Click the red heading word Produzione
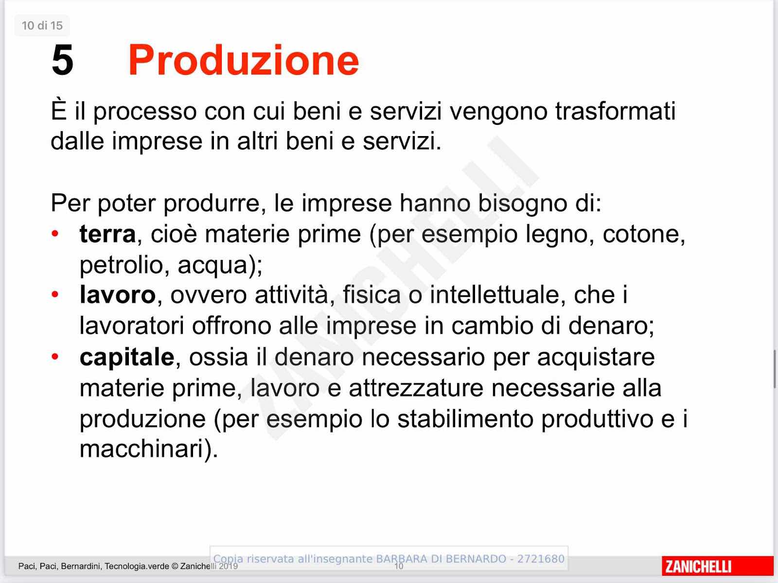[x=244, y=60]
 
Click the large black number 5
[x=62, y=60]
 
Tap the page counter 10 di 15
[x=42, y=25]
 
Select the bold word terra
[x=107, y=234]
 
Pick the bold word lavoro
[x=118, y=294]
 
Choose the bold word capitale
[x=127, y=357]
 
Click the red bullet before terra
[x=54, y=233]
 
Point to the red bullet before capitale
[x=54, y=356]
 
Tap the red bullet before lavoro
[x=54, y=294]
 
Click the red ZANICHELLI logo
[x=717, y=566]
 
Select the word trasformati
[x=615, y=111]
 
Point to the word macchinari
[x=146, y=449]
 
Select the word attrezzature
[x=416, y=388]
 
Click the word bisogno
[x=522, y=203]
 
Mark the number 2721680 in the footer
[x=541, y=559]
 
